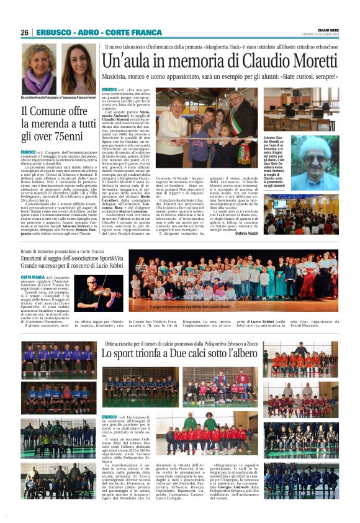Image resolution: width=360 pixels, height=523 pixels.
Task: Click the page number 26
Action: click(24, 32)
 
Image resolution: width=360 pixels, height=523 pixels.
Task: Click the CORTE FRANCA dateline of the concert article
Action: click(32, 276)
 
